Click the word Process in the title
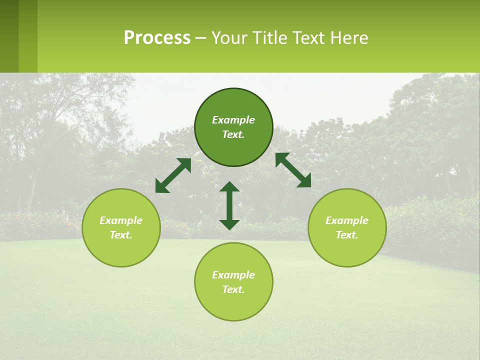pyautogui.click(x=157, y=37)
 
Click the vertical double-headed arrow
pyautogui.click(x=229, y=205)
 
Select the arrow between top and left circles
pyautogui.click(x=173, y=175)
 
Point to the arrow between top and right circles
pyautogui.click(x=293, y=170)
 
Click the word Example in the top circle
pyautogui.click(x=233, y=120)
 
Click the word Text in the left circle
pyautogui.click(x=120, y=235)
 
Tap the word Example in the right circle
pyautogui.click(x=347, y=220)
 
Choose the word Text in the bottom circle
pyautogui.click(x=232, y=289)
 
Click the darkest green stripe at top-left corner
pyautogui.click(x=9, y=36)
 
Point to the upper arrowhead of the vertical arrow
pyautogui.click(x=229, y=187)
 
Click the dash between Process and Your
pyautogui.click(x=200, y=38)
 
